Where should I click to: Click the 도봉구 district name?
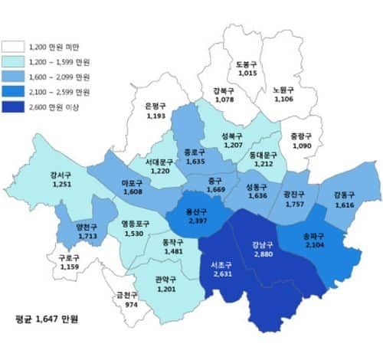[247, 64]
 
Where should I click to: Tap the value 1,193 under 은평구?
[155, 116]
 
